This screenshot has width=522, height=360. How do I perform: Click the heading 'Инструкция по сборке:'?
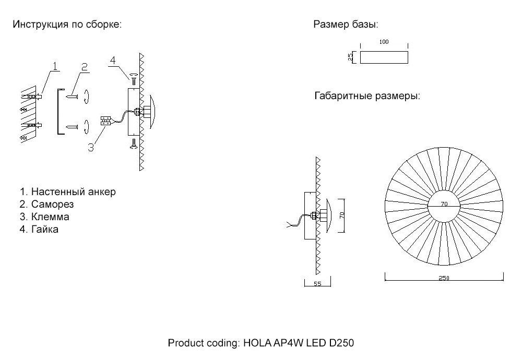click(x=67, y=25)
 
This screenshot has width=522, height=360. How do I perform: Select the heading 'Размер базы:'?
click(x=346, y=25)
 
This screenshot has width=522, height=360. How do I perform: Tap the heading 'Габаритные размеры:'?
click(x=367, y=97)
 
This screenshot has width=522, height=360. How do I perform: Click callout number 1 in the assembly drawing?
click(x=55, y=65)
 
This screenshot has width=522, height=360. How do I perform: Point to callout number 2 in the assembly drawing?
click(x=84, y=66)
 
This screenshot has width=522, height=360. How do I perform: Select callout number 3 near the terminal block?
click(x=91, y=147)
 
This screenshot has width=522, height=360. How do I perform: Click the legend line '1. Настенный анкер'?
click(x=67, y=191)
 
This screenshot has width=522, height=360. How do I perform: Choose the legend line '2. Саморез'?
click(x=46, y=204)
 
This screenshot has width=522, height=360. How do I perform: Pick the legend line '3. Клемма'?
click(x=44, y=217)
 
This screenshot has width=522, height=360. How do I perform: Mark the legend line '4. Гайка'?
click(x=39, y=229)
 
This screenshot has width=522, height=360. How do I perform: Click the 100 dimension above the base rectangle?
click(x=384, y=42)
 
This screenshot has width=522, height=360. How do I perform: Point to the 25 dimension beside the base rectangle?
click(x=350, y=57)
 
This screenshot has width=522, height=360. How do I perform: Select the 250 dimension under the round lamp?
click(x=444, y=278)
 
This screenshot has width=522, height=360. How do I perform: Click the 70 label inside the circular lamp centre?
click(x=444, y=205)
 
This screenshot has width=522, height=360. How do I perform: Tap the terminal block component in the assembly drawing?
click(x=105, y=121)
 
